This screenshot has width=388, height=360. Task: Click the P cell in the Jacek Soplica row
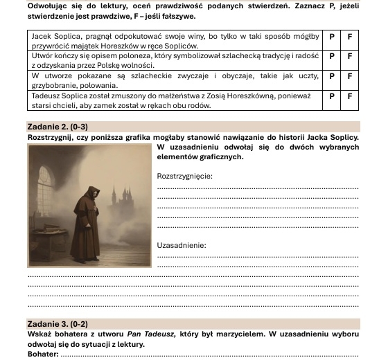[332, 35]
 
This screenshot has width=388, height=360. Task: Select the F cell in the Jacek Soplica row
[349, 35]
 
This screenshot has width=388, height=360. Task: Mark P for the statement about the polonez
[332, 55]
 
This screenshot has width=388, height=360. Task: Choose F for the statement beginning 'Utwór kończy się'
[349, 55]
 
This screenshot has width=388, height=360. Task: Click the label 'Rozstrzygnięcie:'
[185, 176]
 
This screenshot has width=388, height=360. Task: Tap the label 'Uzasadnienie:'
[182, 245]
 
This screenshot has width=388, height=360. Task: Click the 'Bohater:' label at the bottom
[43, 354]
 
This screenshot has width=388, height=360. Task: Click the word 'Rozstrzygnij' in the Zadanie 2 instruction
[50, 137]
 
